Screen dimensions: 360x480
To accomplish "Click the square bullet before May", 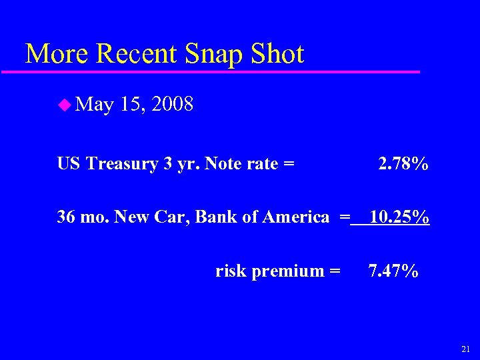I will (x=64, y=104).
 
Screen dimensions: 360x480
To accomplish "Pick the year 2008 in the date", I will (x=173, y=104).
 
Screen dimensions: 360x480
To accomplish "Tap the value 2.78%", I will (x=403, y=163).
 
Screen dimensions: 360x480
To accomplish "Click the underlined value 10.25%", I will (x=399, y=217).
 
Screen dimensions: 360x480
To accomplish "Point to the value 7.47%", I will (x=393, y=271).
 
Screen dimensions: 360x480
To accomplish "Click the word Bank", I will (x=220, y=217).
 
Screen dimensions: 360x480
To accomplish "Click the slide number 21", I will (x=465, y=349).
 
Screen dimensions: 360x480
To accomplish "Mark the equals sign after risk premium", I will (x=335, y=271).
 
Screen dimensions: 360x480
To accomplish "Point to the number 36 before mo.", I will (x=66, y=217).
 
